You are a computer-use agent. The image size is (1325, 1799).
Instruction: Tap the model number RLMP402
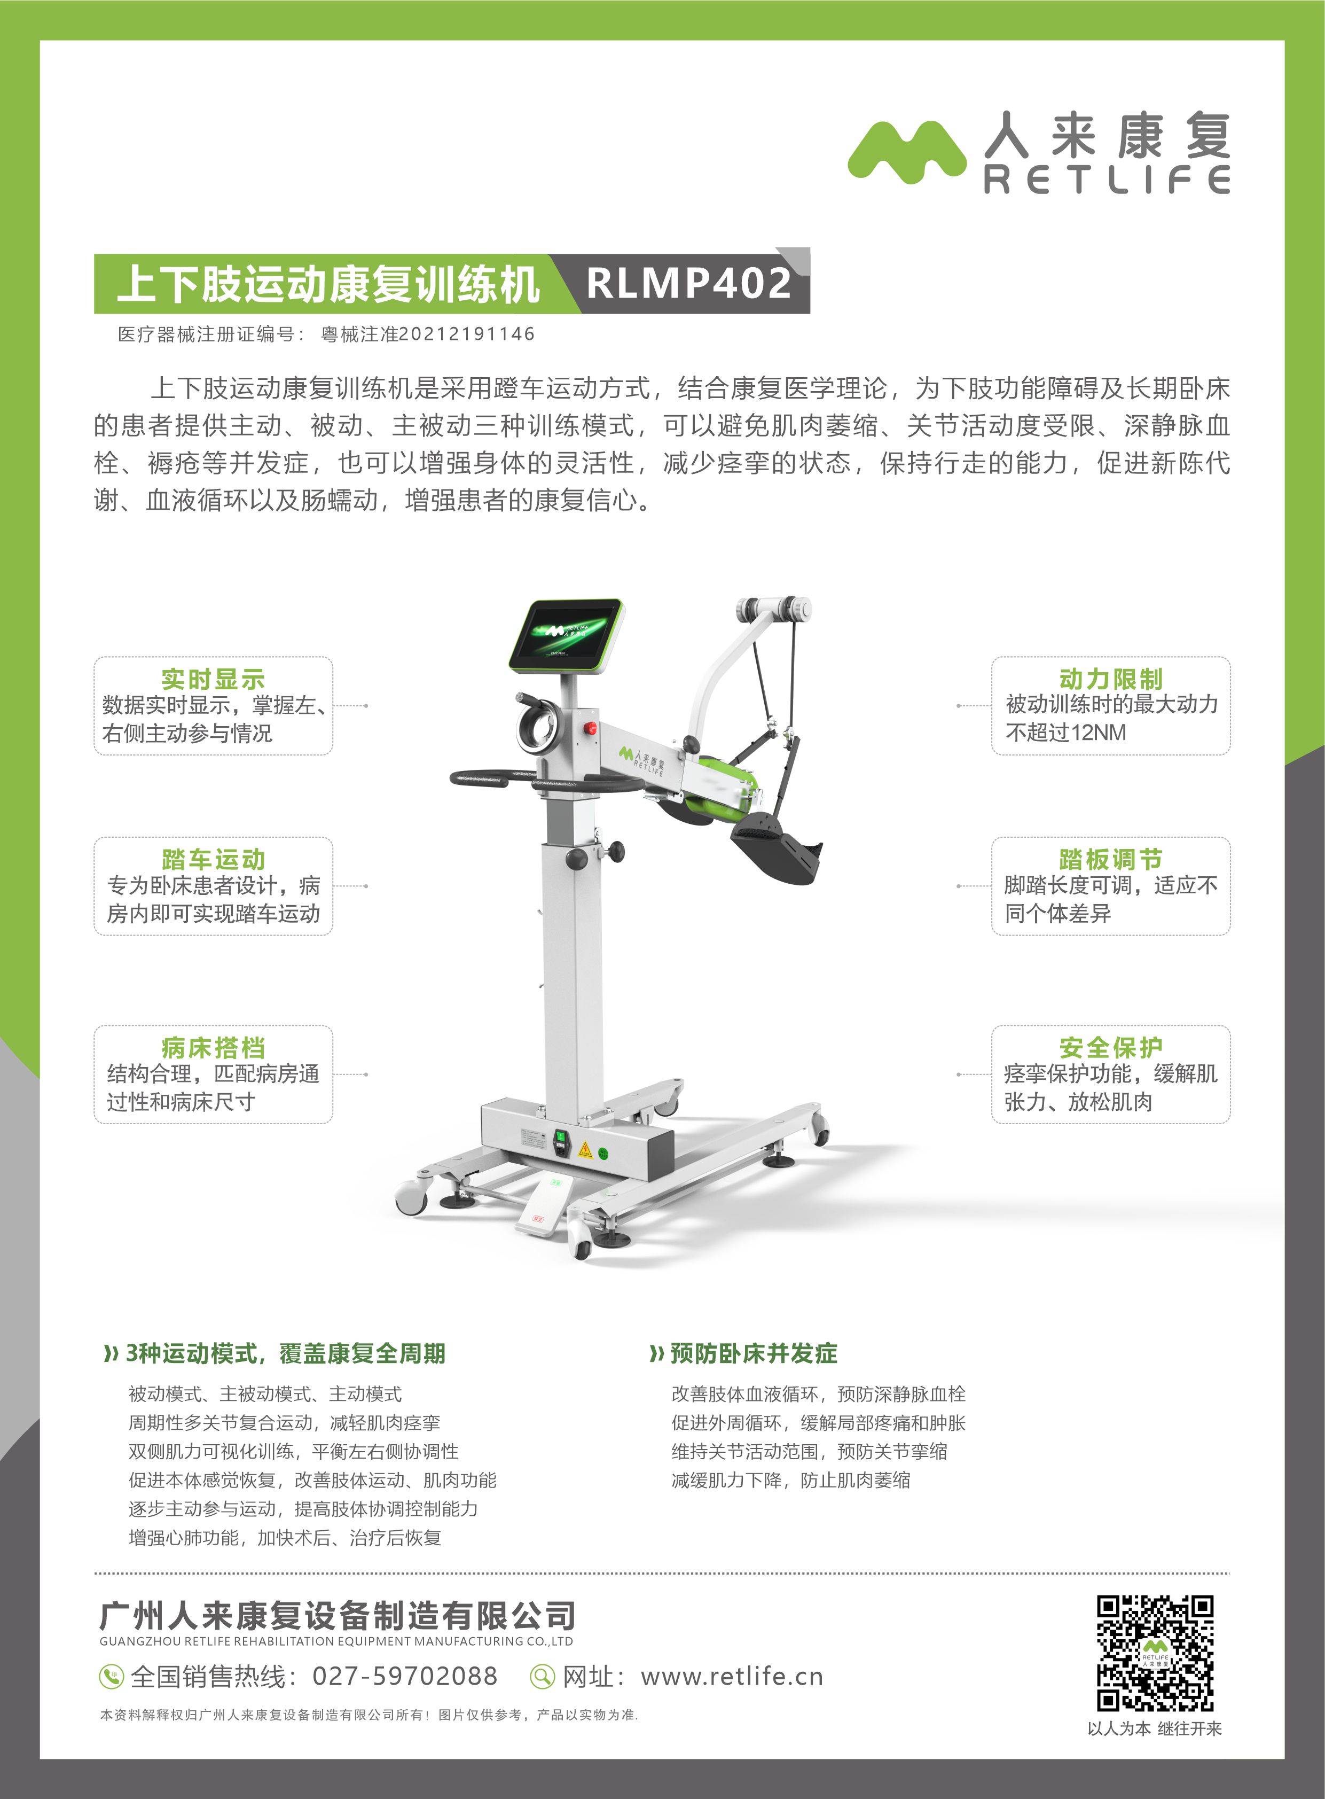click(689, 283)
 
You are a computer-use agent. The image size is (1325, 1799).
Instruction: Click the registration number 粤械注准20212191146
click(427, 334)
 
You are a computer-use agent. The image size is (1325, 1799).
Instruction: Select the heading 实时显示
click(213, 679)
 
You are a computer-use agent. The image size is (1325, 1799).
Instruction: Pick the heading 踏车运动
click(213, 859)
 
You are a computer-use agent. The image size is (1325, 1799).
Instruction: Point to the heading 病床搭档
click(213, 1047)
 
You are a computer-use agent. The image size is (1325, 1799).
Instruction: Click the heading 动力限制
click(1110, 679)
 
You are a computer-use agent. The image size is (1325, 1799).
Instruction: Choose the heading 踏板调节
click(1110, 859)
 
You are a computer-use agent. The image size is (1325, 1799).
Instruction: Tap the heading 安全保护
click(1110, 1047)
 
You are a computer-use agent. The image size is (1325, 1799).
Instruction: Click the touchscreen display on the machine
click(566, 634)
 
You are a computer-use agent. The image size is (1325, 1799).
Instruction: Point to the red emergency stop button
click(591, 729)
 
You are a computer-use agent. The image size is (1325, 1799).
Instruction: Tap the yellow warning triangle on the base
click(585, 1150)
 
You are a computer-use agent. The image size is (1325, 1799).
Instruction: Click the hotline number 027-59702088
click(404, 1676)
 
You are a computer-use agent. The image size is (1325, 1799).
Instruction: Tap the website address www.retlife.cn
click(732, 1676)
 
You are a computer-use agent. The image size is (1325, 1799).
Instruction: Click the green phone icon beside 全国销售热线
click(110, 1676)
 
